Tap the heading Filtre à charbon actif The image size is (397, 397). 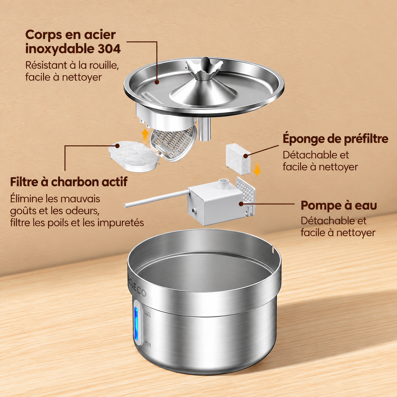(69, 182)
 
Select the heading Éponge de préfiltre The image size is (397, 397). (335, 139)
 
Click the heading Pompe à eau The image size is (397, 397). (339, 205)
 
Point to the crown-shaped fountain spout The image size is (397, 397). (204, 68)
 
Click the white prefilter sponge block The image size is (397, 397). (238, 159)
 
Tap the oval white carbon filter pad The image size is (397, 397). (134, 156)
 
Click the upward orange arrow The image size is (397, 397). (145, 135)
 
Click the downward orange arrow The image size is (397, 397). (257, 168)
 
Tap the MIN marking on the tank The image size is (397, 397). (148, 343)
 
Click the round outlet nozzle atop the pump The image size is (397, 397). (224, 183)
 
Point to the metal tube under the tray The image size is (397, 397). (205, 129)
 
